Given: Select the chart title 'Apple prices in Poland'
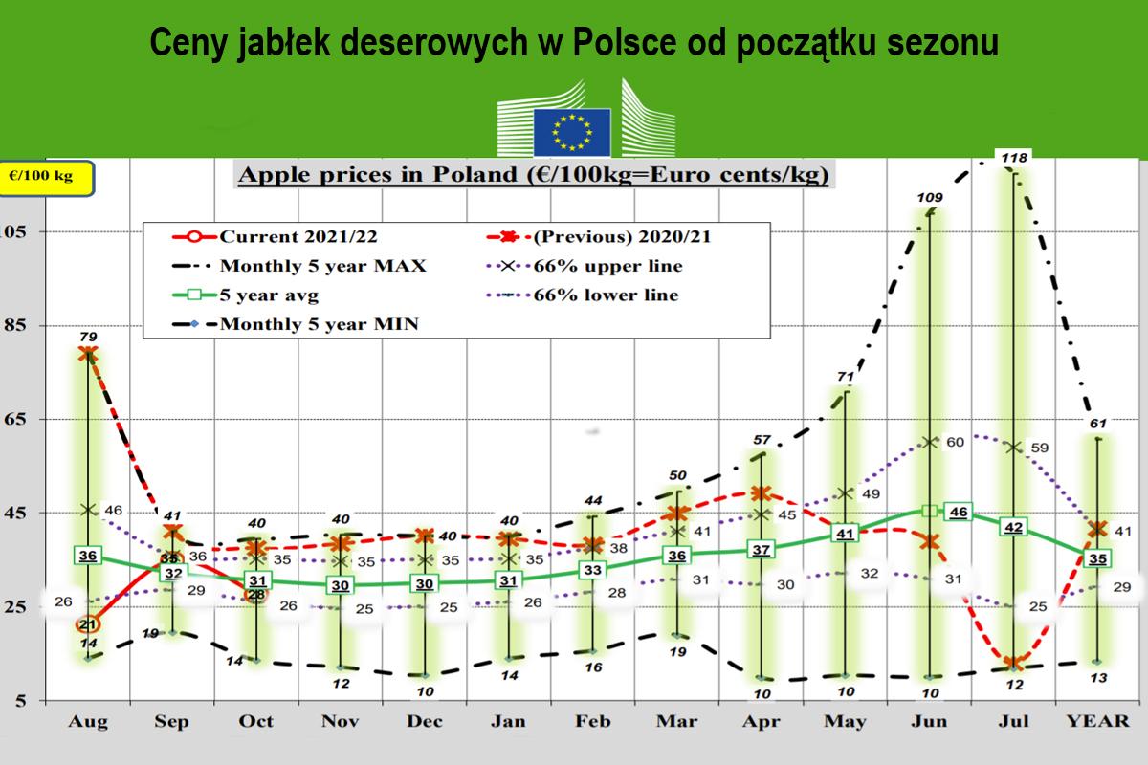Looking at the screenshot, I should coord(532,176).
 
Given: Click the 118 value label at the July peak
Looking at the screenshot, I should coord(1014,156).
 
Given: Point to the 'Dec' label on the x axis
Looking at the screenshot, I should coord(424,721).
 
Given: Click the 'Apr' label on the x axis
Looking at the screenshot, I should coord(762,721).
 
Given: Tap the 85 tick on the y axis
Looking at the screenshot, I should coord(16,325).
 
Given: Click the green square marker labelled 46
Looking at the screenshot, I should coord(958,513).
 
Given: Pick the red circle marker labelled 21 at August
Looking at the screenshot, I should coord(89,624).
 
